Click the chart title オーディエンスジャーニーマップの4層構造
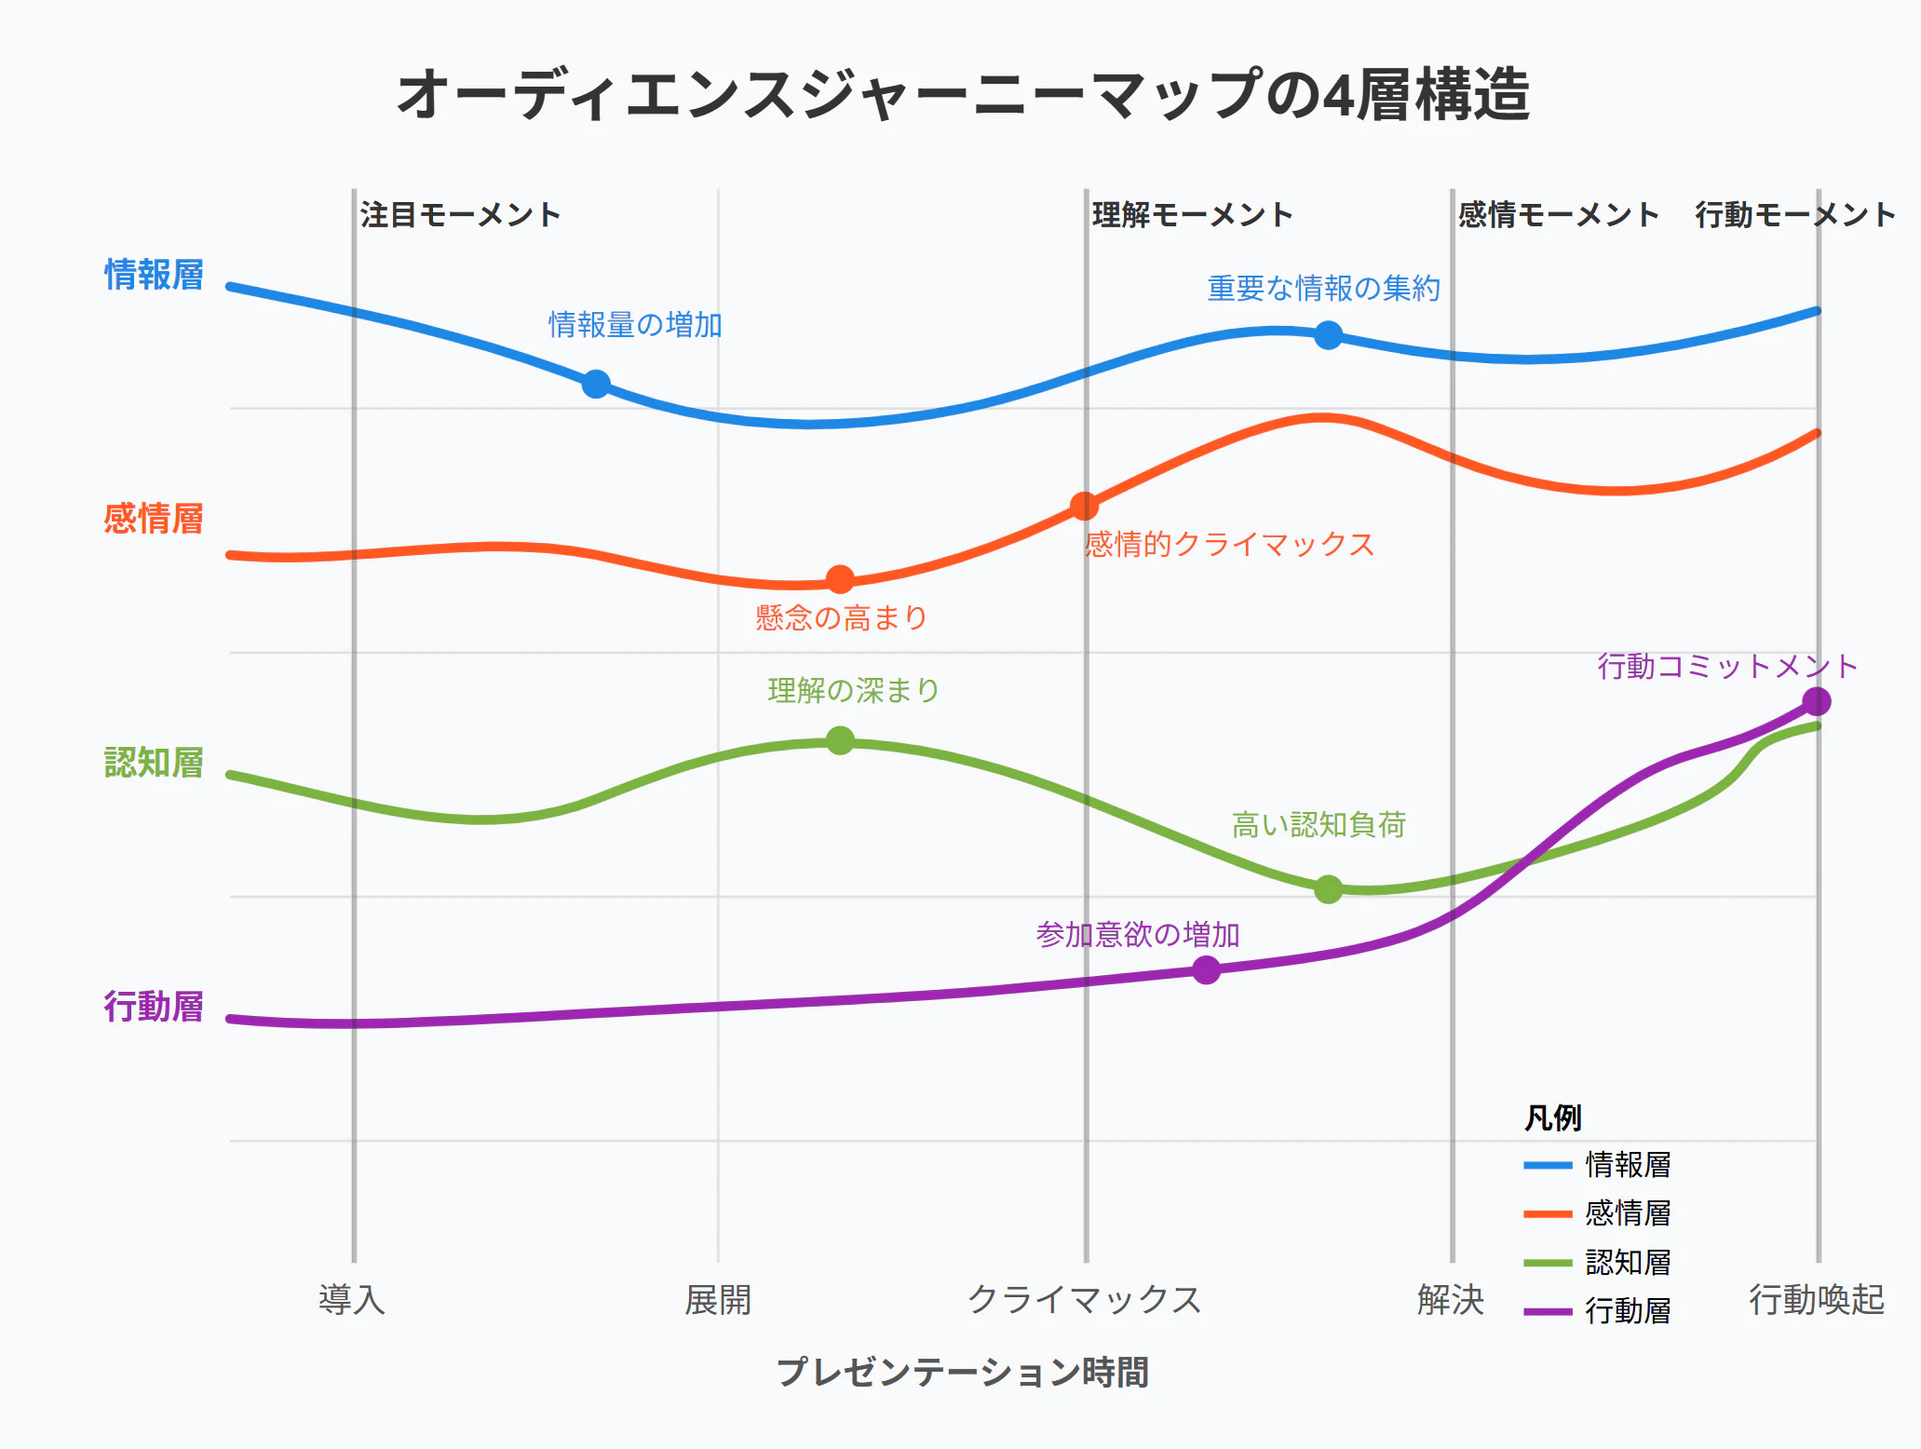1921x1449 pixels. [x=963, y=95]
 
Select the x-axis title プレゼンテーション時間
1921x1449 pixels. [x=963, y=1372]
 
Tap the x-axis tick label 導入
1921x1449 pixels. [x=352, y=1299]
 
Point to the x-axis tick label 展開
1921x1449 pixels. [x=718, y=1299]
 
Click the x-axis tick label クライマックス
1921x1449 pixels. [x=1085, y=1299]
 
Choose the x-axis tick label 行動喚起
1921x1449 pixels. [x=1817, y=1299]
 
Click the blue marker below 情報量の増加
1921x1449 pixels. [x=596, y=384]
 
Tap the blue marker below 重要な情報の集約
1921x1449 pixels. [x=1329, y=334]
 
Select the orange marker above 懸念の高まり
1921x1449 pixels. [x=840, y=580]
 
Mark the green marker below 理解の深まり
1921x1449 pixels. [x=840, y=740]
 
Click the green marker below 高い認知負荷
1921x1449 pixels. [x=1329, y=889]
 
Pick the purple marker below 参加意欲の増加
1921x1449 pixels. [x=1206, y=970]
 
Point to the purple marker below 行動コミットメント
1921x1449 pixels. [x=1817, y=701]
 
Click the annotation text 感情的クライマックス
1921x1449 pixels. [x=1229, y=544]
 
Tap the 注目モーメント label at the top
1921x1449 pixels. [x=461, y=215]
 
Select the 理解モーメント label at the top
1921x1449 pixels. [x=1193, y=215]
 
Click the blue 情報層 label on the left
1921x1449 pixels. [x=154, y=275]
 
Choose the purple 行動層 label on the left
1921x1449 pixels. [x=154, y=1007]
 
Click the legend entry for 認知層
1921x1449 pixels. [x=1598, y=1263]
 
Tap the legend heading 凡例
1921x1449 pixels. [x=1553, y=1117]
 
